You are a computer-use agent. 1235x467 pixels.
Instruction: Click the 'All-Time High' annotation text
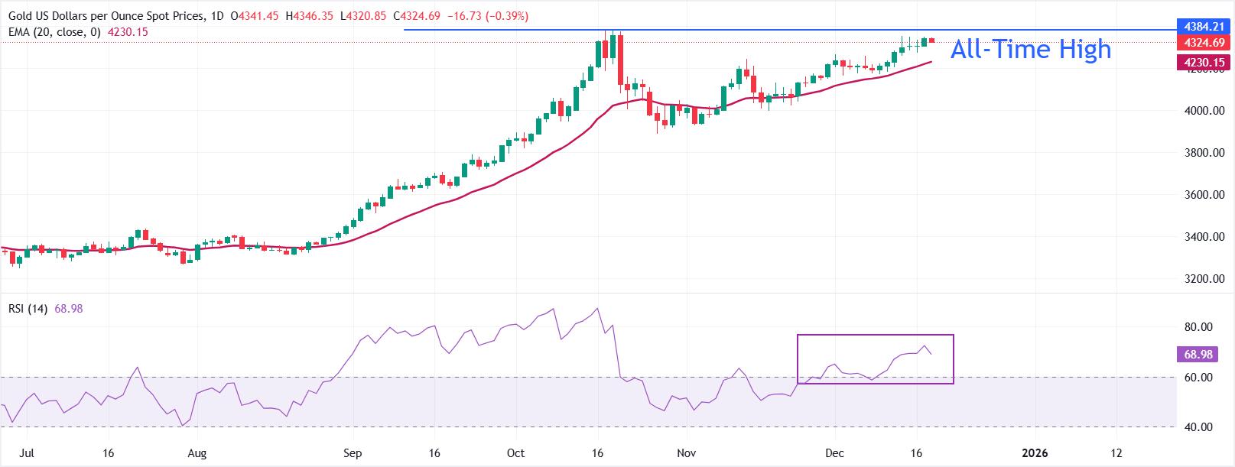(1030, 50)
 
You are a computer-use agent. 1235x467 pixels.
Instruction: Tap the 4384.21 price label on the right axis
(1203, 26)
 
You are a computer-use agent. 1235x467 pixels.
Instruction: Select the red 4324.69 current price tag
(1203, 44)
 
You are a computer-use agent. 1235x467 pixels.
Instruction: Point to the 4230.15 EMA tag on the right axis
(1203, 63)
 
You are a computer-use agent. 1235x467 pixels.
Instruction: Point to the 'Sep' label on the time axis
(353, 452)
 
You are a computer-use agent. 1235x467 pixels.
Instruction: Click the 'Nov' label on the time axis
(687, 452)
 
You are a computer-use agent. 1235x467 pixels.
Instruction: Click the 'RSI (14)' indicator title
(28, 310)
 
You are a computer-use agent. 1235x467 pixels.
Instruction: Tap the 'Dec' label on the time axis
(834, 452)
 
